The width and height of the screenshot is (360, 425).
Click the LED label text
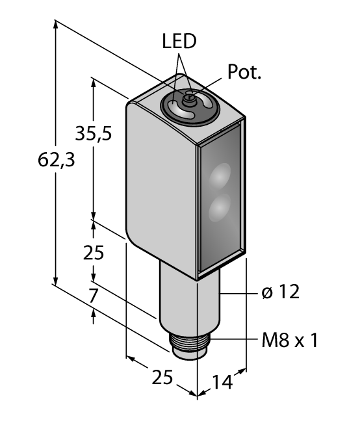(x=178, y=42)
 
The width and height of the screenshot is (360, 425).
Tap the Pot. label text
(x=244, y=72)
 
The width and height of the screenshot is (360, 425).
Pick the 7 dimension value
(x=94, y=296)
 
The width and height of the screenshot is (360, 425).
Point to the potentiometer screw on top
(x=189, y=99)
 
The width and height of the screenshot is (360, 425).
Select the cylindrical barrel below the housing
(x=189, y=299)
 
